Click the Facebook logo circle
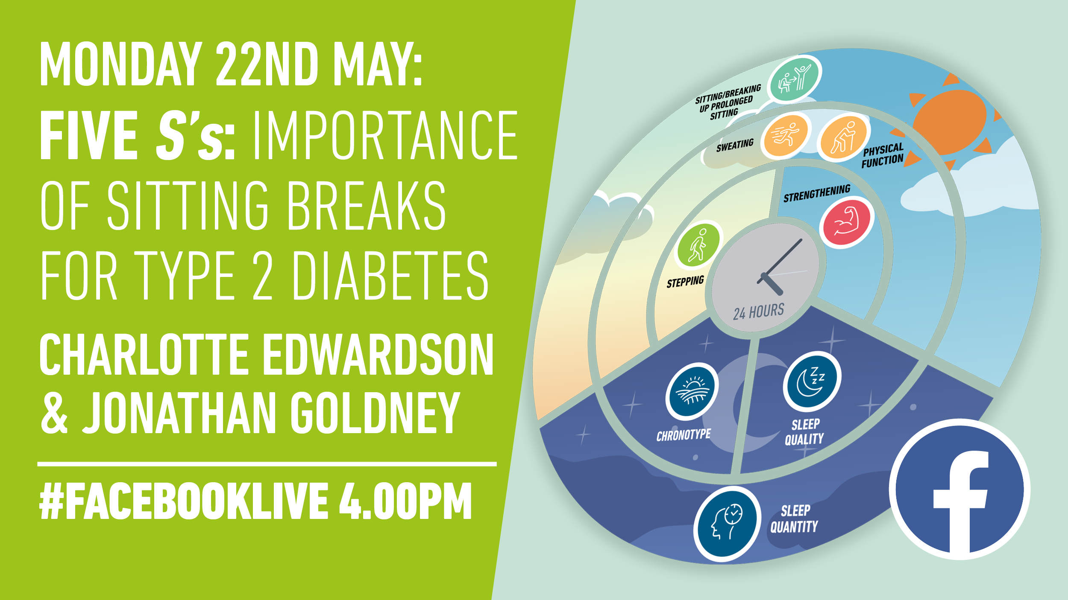click(959, 489)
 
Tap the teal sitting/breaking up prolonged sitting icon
click(794, 79)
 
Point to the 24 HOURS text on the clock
click(759, 312)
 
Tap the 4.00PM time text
click(405, 501)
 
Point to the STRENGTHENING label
click(817, 193)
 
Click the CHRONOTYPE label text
click(684, 435)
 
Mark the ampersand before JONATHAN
click(54, 413)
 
